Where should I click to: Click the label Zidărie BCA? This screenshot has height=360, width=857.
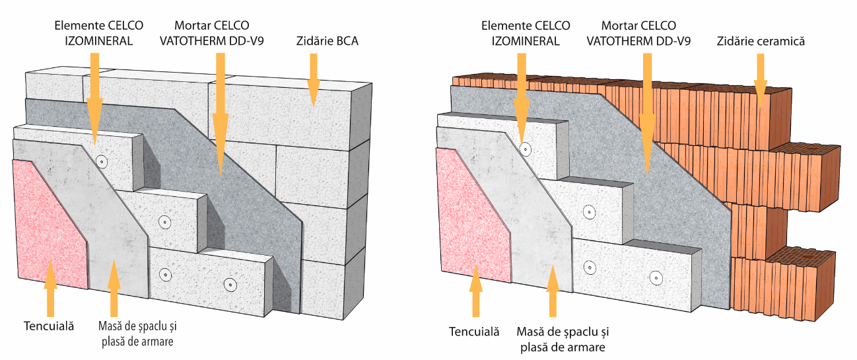tap(327, 42)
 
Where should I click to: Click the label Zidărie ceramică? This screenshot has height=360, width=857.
tap(761, 42)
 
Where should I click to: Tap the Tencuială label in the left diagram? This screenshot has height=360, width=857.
tap(48, 326)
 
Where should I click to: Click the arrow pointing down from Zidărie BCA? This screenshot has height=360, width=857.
tap(313, 79)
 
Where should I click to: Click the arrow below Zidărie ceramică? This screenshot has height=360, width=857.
tap(761, 79)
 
